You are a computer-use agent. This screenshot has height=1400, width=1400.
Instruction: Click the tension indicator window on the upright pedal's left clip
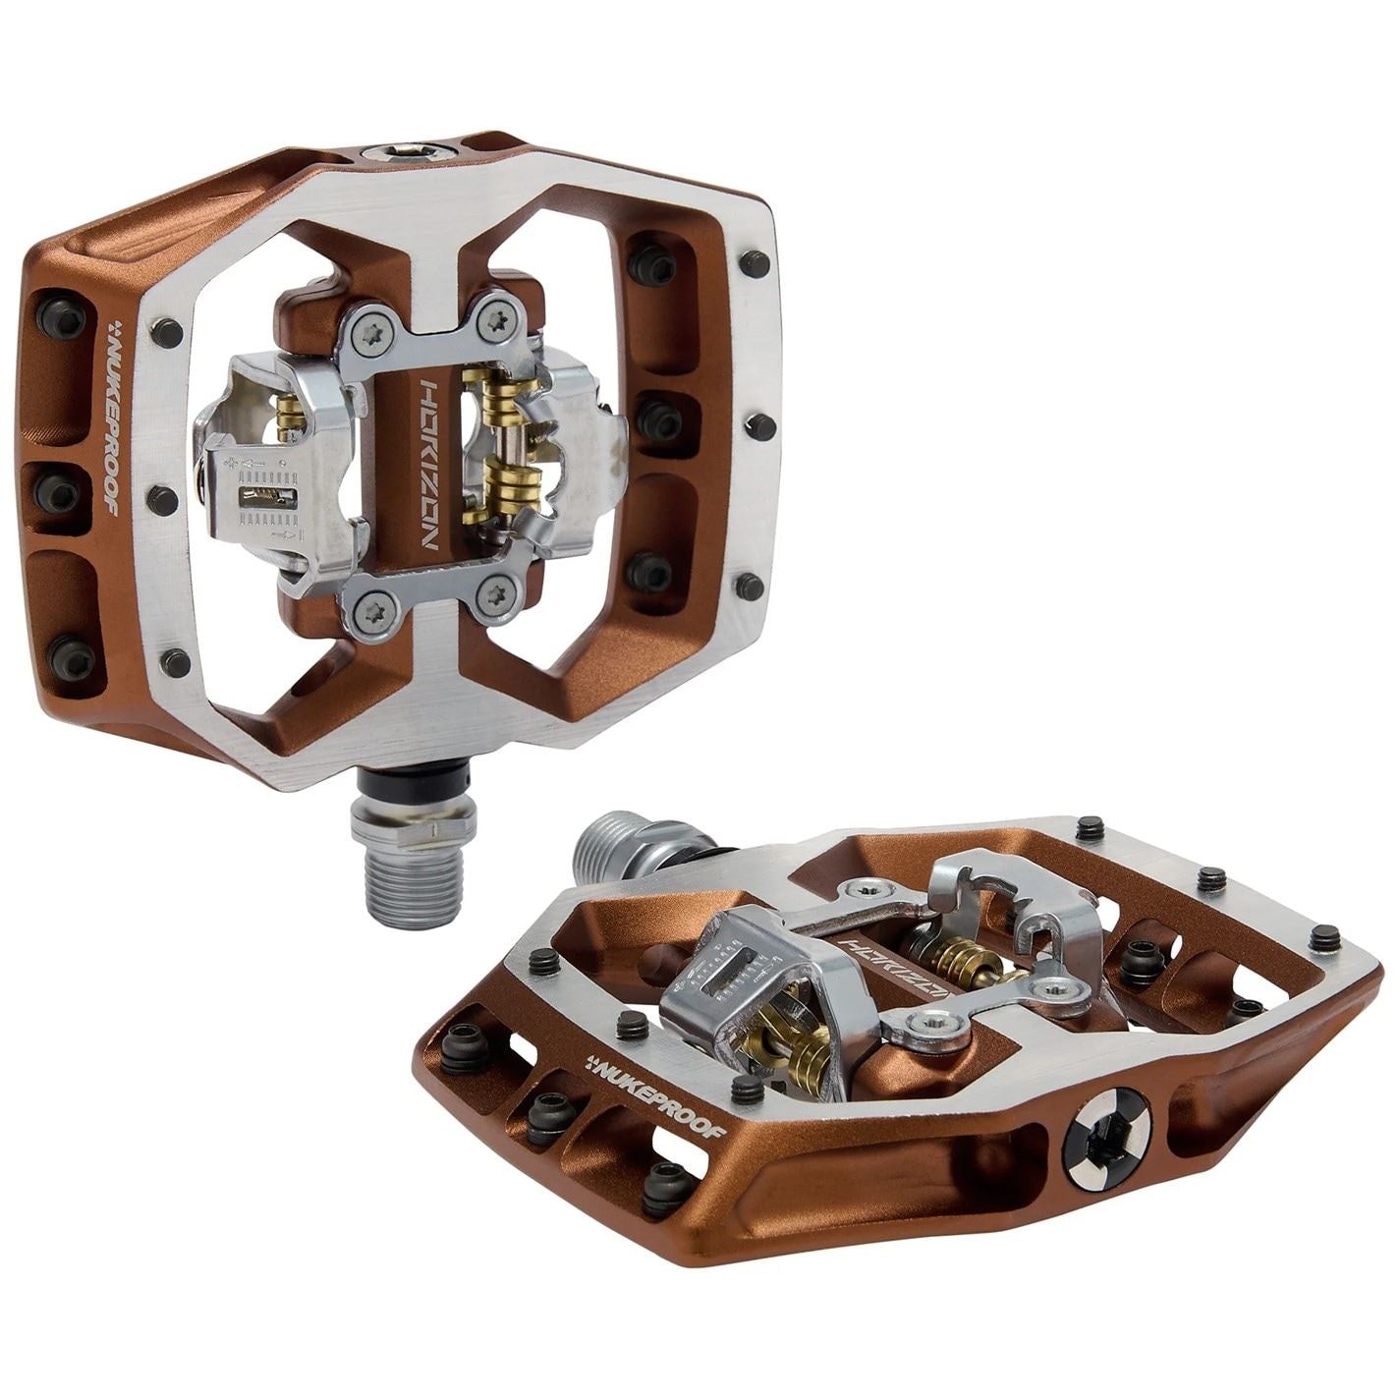tap(267, 500)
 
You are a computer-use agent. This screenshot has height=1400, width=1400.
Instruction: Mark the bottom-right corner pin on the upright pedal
tap(752, 587)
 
